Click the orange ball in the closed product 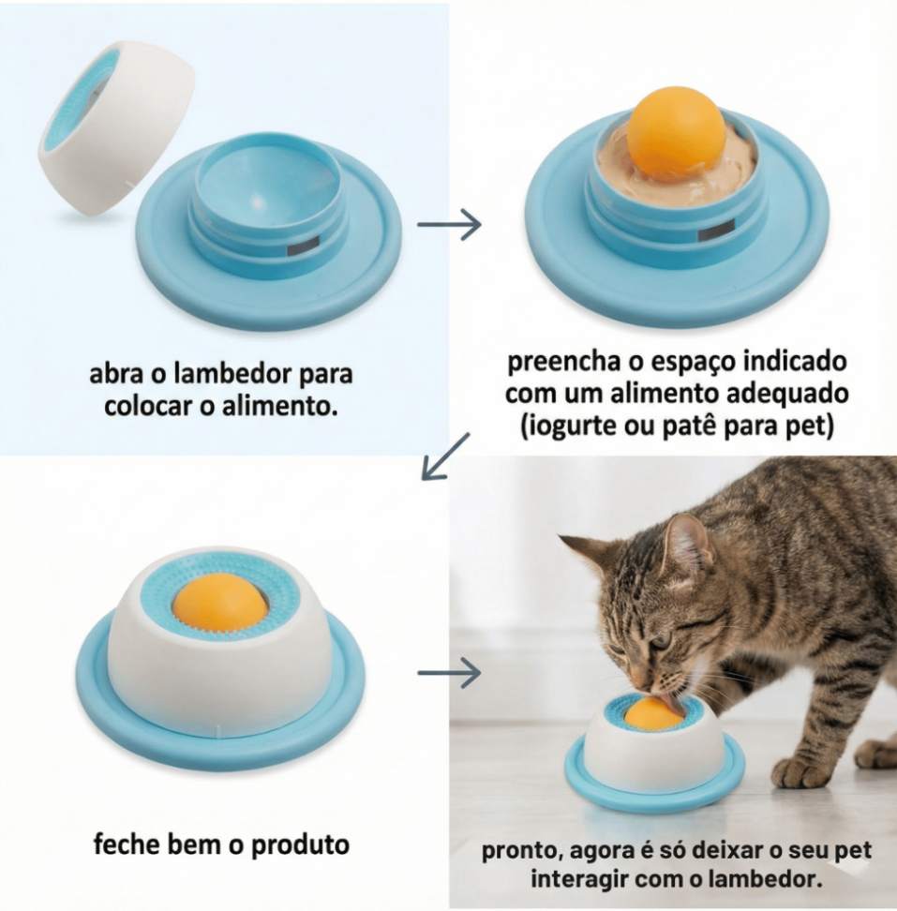click(x=220, y=604)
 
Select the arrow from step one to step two click(x=449, y=224)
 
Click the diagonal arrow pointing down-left click(x=445, y=456)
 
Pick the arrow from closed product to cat click(x=449, y=672)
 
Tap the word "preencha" click(x=564, y=362)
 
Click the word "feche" click(x=126, y=844)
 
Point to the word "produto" click(x=300, y=845)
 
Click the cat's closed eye click(x=661, y=643)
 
